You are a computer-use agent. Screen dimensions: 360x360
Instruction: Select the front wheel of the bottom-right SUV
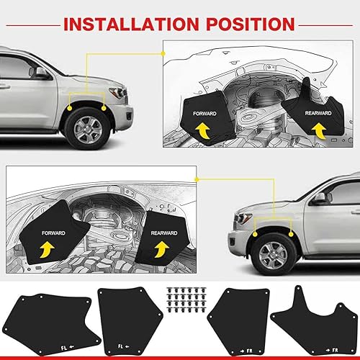(x=273, y=252)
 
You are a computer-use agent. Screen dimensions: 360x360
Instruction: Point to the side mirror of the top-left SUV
(x=42, y=73)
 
